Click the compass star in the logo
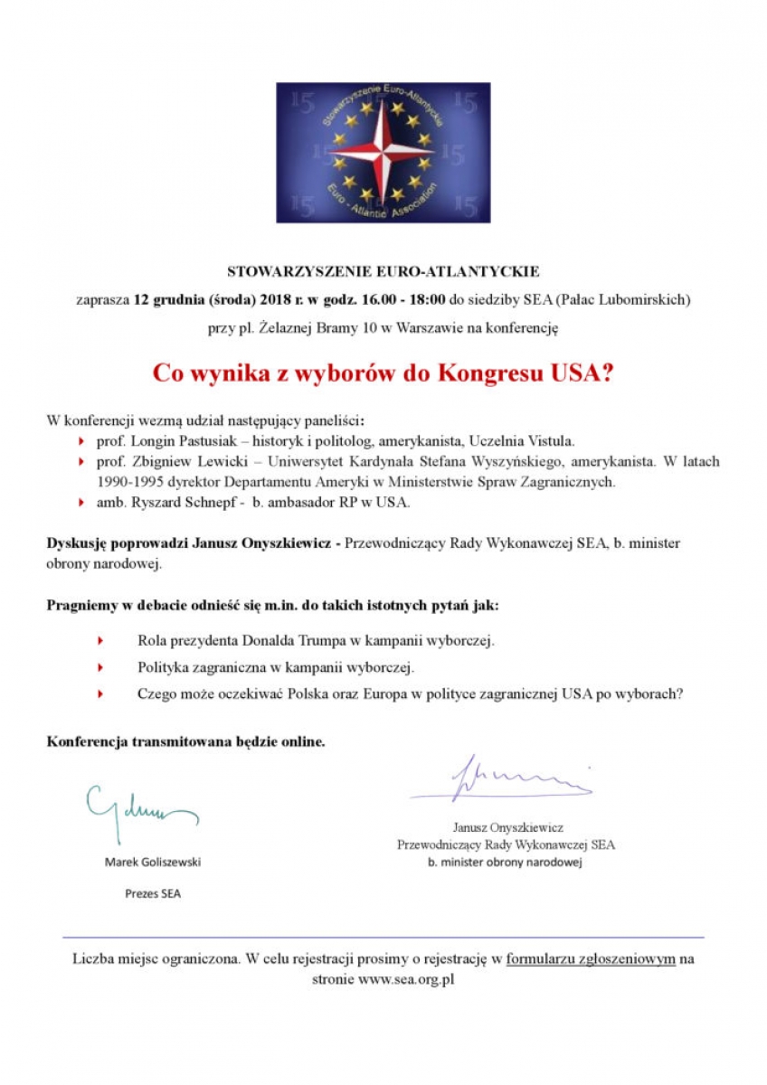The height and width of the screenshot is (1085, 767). pos(383,151)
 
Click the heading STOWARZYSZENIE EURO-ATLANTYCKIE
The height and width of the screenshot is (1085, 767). pos(383,270)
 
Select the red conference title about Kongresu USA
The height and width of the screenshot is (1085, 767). pos(383,373)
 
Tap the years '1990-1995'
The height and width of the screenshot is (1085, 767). pos(128,481)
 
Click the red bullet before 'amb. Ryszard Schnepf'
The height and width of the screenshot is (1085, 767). pos(83,502)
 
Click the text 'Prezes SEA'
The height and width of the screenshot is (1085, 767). pos(153,894)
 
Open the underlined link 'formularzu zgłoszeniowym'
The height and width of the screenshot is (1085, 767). pos(590,958)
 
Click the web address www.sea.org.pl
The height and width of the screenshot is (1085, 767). pos(405,979)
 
